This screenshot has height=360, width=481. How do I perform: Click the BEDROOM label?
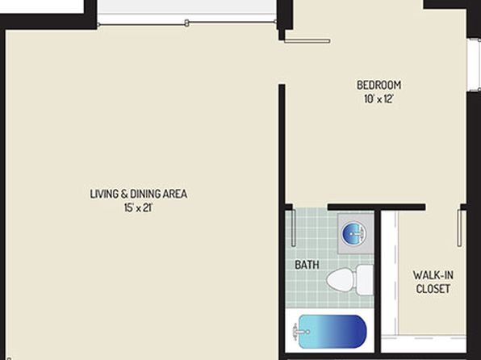pos(379,85)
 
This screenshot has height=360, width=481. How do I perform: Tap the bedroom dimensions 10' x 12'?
pos(379,98)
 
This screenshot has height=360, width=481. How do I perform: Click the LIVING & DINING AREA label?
pos(139,194)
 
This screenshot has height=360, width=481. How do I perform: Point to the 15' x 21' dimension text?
pos(138,207)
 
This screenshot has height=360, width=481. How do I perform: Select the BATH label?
pos(307,265)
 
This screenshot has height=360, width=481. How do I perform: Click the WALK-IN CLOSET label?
pos(433,282)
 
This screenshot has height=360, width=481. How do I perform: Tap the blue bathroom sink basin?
pos(354,233)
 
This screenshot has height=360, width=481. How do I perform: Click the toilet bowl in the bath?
pos(341,279)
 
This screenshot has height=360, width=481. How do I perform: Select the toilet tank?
pos(365,280)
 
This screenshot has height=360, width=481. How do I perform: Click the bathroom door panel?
pos(293,228)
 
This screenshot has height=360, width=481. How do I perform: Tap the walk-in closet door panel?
pos(459,228)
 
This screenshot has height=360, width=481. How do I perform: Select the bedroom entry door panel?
pos(307,40)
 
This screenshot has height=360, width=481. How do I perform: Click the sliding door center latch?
pos(186,23)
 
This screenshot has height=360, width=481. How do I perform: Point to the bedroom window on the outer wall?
pos(474,65)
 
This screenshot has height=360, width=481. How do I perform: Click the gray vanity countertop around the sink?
pos(356,233)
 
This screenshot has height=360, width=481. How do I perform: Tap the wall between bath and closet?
pos(378,281)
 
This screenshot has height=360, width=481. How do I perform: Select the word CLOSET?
pos(433,289)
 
